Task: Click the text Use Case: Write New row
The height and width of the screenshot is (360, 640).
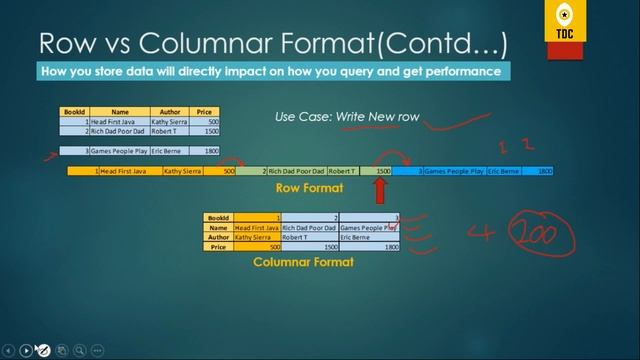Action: (x=347, y=118)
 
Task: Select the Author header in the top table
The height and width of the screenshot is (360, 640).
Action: (x=170, y=112)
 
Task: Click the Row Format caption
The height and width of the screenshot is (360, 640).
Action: (x=309, y=188)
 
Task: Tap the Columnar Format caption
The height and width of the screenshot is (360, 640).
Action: (x=303, y=262)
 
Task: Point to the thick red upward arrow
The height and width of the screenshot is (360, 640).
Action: (x=381, y=190)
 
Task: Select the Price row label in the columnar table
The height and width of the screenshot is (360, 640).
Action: (x=218, y=247)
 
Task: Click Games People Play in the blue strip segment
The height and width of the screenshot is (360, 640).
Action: (x=454, y=172)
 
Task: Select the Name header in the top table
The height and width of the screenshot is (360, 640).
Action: (x=120, y=112)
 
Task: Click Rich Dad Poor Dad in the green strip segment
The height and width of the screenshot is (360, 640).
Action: (x=296, y=172)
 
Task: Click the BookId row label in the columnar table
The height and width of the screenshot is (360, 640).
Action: (x=218, y=217)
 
